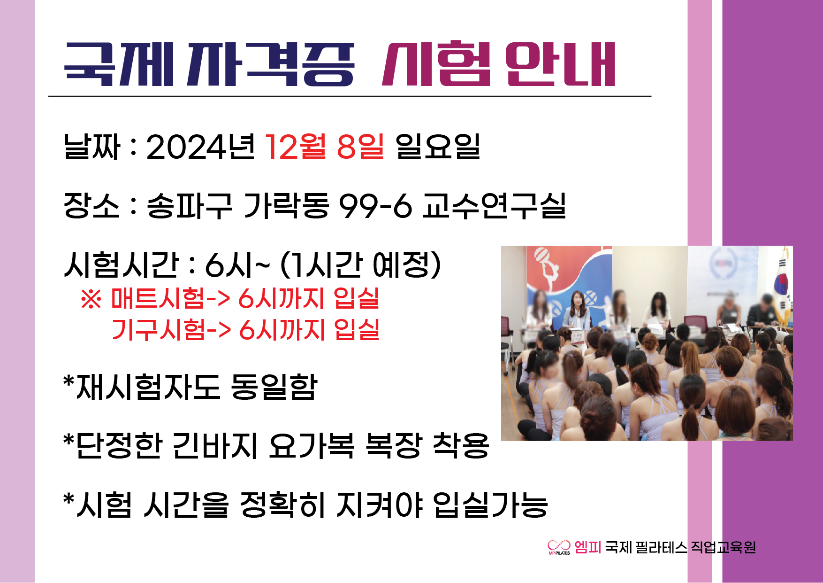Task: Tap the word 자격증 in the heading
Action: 271,64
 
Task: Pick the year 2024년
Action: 201,147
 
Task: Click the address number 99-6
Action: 375,206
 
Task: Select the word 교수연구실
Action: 495,206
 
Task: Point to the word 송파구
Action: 190,206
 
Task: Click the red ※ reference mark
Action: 91,299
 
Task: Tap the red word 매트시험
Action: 158,298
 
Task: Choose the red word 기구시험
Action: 159,329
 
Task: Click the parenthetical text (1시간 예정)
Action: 360,265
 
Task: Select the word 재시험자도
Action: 148,387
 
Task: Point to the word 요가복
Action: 312,445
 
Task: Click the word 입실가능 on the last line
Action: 491,505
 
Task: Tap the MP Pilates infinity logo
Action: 559,547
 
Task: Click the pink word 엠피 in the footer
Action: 587,547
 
